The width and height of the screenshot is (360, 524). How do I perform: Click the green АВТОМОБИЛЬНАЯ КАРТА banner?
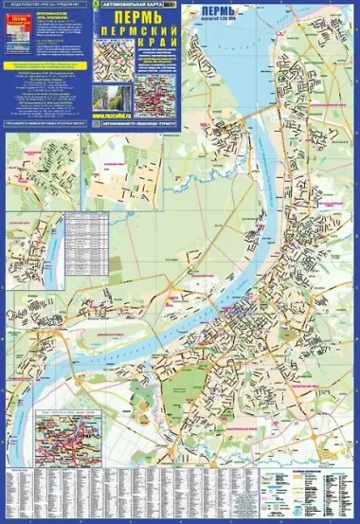point(138,6)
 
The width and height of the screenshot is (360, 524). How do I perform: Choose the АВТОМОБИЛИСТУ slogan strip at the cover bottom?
point(141,123)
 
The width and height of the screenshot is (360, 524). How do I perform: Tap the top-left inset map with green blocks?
point(43,171)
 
